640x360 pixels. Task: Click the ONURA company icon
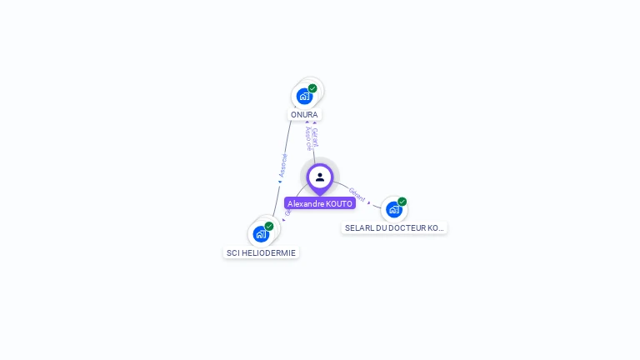(x=304, y=96)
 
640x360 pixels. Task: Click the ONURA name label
(x=304, y=114)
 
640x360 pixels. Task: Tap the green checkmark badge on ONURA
(x=312, y=88)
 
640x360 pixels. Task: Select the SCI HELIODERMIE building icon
(x=261, y=234)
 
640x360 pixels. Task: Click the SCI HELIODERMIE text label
(x=261, y=252)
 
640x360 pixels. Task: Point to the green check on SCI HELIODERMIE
(x=269, y=226)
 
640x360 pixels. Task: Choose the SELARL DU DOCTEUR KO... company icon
(x=394, y=209)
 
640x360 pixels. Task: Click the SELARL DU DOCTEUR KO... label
(x=394, y=227)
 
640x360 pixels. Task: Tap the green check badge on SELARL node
(x=402, y=202)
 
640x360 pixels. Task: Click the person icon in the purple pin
(x=320, y=177)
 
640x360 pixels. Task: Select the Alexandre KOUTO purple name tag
(x=320, y=203)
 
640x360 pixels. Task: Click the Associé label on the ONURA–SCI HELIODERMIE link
(x=283, y=165)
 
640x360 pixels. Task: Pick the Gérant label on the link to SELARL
(x=357, y=194)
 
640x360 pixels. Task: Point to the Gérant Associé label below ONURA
(x=312, y=137)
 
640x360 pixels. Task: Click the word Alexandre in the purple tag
(x=306, y=203)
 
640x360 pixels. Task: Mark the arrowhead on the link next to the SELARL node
(x=369, y=202)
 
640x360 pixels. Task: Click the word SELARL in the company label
(x=358, y=227)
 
